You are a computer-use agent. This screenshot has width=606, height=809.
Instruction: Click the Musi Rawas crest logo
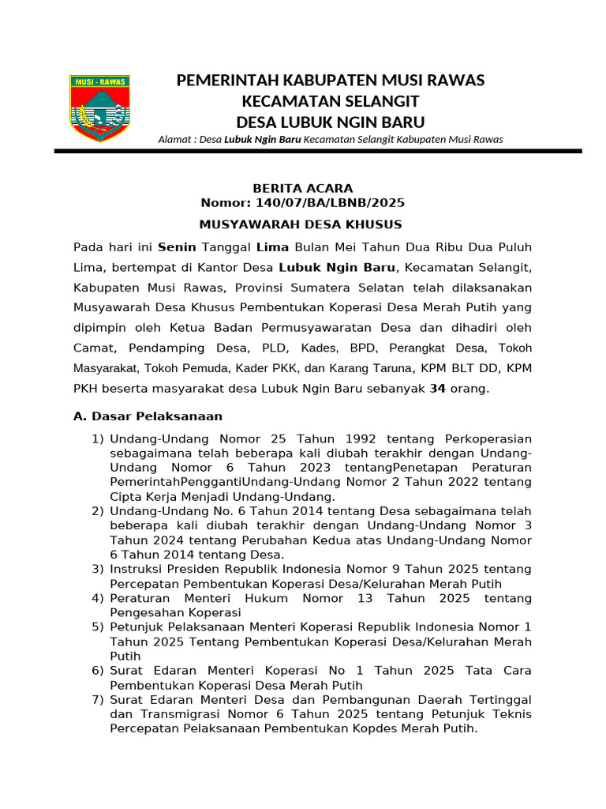pyautogui.click(x=99, y=108)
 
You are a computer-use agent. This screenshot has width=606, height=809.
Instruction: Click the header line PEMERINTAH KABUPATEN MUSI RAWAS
pyautogui.click(x=330, y=81)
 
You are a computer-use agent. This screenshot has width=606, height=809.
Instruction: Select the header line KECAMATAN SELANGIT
pyautogui.click(x=330, y=101)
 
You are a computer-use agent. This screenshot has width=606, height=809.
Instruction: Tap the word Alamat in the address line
pyautogui.click(x=175, y=140)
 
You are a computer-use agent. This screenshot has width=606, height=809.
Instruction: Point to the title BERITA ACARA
pyautogui.click(x=302, y=188)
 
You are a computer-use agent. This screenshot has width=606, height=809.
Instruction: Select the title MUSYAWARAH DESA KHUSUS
pyautogui.click(x=301, y=224)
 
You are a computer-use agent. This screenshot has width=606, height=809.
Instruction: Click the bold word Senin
pyautogui.click(x=177, y=247)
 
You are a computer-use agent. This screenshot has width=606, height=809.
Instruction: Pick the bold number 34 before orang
pyautogui.click(x=437, y=389)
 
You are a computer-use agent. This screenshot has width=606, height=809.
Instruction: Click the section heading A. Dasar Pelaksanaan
pyautogui.click(x=148, y=416)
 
